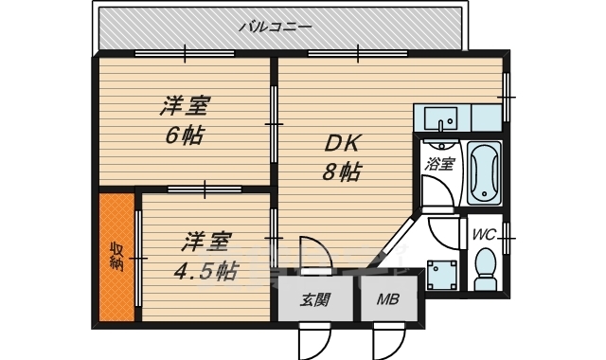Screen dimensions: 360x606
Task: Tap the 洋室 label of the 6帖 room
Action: click(x=184, y=104)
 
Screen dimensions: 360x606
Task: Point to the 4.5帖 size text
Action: click(x=205, y=270)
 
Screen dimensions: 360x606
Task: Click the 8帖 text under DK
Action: click(x=340, y=172)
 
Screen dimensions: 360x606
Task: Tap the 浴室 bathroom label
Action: click(x=439, y=164)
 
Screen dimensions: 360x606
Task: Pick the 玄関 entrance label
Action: click(x=315, y=301)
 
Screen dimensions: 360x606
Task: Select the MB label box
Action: click(x=387, y=301)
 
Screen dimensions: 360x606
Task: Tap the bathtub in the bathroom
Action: click(x=484, y=172)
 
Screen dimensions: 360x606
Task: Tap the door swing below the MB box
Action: click(x=387, y=341)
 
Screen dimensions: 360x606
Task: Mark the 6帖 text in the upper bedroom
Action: click(x=184, y=135)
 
